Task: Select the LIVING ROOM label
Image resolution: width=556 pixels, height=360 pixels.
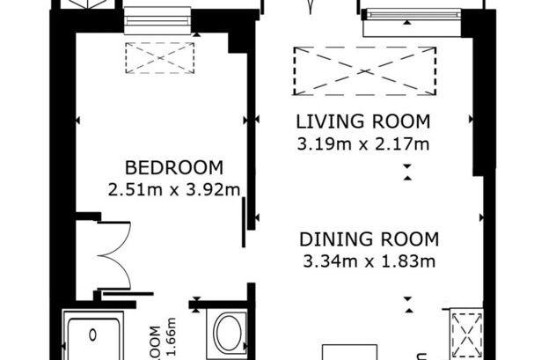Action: (362, 121)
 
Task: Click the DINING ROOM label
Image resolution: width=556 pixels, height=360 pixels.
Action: (369, 239)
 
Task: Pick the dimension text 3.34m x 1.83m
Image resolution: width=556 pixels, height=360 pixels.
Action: (369, 260)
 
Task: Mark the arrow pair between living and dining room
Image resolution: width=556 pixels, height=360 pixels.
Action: (406, 173)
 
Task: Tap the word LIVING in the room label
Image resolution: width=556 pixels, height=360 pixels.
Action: (326, 121)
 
